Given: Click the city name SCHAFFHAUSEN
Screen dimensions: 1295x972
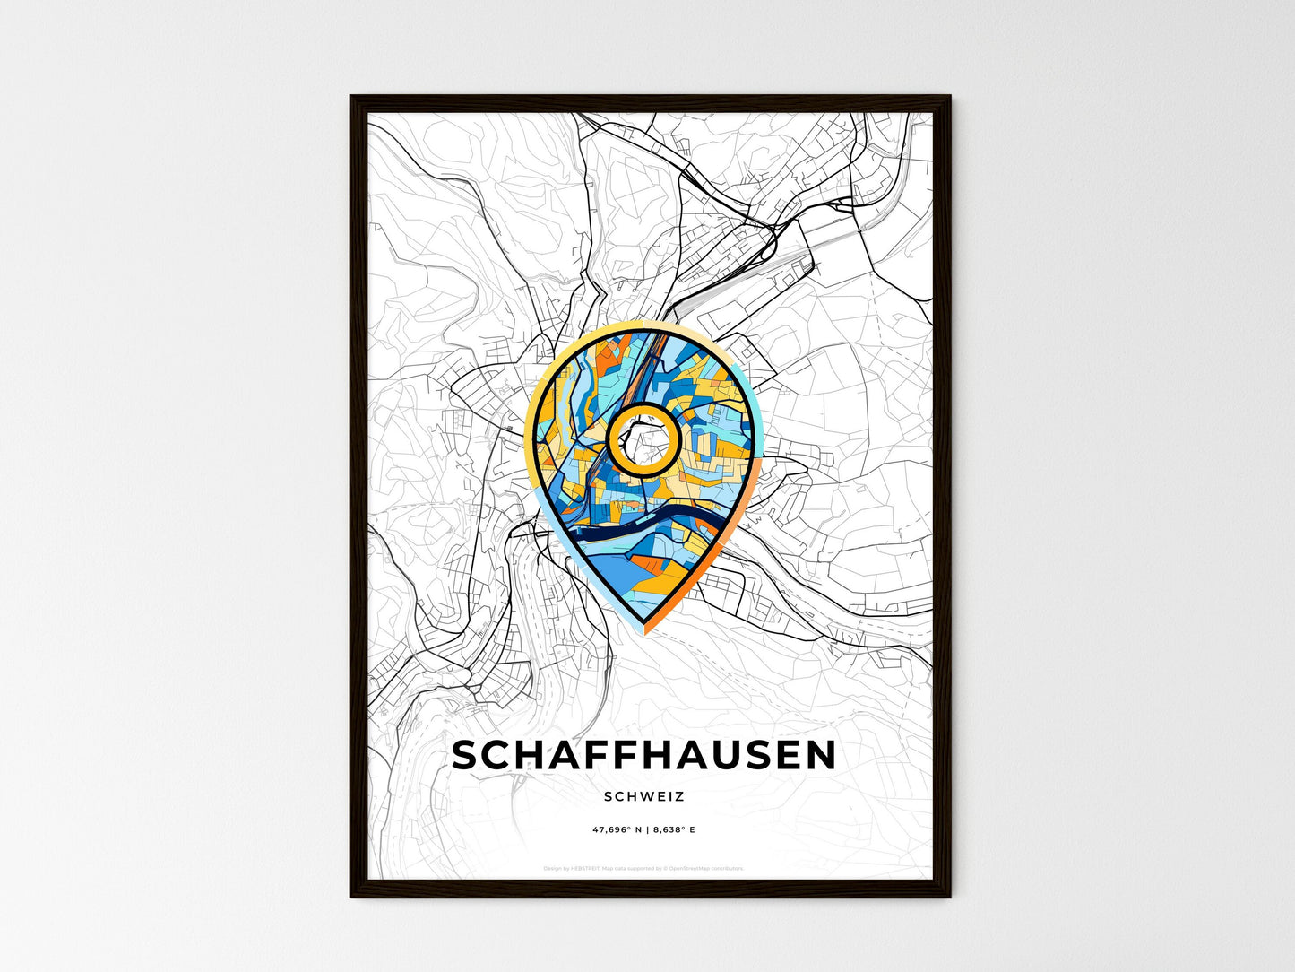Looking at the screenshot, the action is pyautogui.click(x=643, y=756).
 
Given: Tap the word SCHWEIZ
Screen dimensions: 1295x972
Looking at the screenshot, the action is pyautogui.click(x=643, y=796).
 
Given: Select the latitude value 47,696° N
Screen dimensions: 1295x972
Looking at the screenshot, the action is pyautogui.click(x=615, y=830).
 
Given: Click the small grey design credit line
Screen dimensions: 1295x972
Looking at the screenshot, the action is pyautogui.click(x=643, y=869).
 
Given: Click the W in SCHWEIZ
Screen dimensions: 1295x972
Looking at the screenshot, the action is pyautogui.click(x=638, y=796).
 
